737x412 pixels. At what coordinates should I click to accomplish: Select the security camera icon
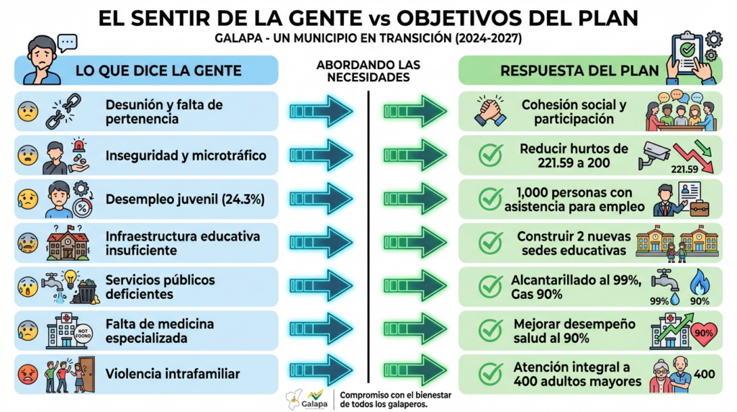654,155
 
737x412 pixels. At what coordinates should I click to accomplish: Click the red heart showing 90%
703,332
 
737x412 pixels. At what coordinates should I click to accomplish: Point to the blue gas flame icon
699,283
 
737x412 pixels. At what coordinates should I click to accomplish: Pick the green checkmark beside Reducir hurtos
491,155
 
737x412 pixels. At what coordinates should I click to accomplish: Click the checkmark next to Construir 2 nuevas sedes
491,243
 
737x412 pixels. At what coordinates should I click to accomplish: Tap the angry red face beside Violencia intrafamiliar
28,374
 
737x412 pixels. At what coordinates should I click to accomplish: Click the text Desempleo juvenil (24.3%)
184,199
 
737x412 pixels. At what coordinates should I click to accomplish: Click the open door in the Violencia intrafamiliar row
85,373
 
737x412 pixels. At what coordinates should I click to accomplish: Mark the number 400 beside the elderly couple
705,375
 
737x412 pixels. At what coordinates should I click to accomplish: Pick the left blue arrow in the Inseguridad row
321,155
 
